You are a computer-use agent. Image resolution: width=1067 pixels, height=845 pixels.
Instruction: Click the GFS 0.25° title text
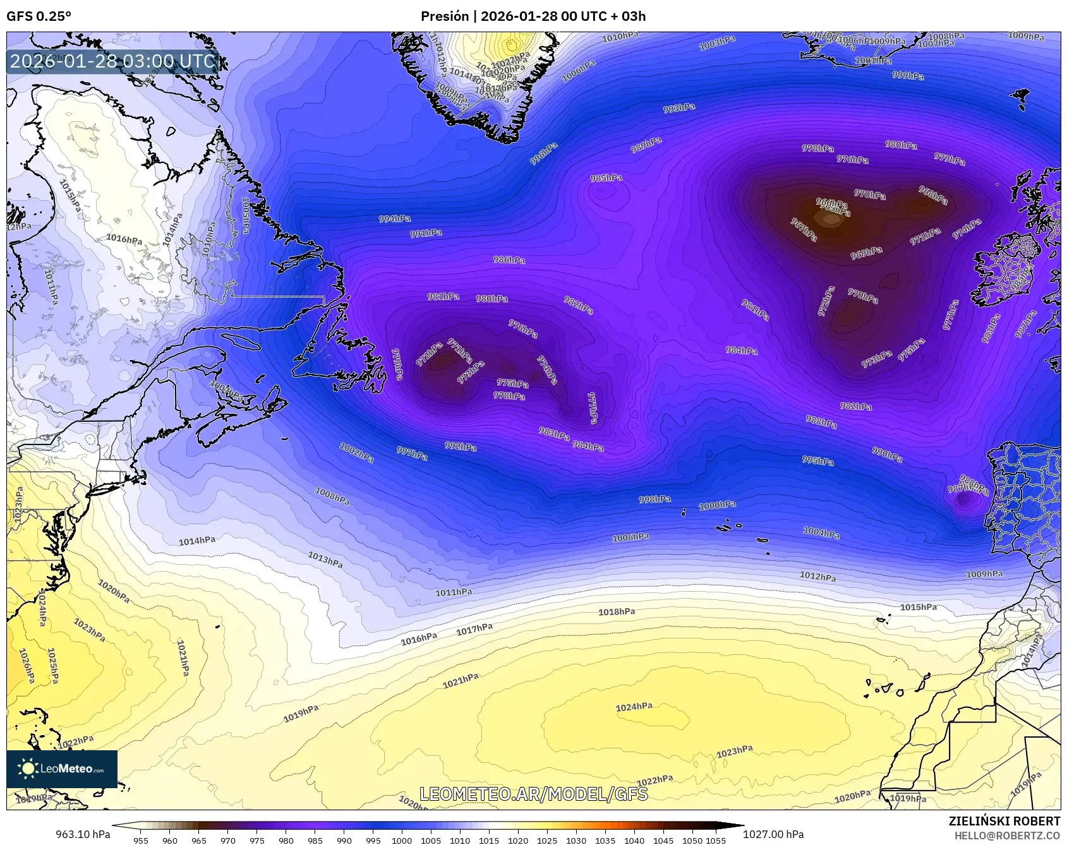(39, 16)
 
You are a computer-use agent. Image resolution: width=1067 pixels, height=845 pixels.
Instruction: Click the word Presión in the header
(445, 16)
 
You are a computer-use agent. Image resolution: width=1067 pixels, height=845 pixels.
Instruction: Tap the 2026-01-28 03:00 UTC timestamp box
(112, 62)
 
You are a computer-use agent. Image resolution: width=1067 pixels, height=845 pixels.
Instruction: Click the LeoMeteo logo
(62, 769)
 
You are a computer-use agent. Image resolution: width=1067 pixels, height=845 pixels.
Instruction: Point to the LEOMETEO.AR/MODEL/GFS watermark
(534, 794)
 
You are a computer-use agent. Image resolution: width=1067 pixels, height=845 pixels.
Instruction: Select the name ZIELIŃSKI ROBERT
(1004, 821)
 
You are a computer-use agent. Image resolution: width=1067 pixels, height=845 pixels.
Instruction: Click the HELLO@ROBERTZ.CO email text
(1007, 836)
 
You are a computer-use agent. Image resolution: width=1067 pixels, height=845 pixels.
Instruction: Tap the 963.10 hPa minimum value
(83, 834)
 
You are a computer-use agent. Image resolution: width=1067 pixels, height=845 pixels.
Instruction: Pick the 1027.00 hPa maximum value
(773, 834)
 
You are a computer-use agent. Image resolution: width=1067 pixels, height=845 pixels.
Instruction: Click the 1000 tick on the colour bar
(402, 841)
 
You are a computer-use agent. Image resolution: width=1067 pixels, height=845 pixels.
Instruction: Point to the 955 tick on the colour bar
(141, 841)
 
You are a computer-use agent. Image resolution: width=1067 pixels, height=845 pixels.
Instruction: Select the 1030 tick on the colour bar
(576, 841)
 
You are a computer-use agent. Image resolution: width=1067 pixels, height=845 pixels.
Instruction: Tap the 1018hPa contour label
(617, 612)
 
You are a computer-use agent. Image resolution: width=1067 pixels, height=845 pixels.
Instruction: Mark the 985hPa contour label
(606, 178)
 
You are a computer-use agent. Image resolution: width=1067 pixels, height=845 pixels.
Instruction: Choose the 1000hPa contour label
(717, 506)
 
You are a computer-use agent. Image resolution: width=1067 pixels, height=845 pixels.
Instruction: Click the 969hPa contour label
(866, 253)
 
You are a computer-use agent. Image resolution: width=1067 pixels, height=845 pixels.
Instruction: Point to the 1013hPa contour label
(325, 559)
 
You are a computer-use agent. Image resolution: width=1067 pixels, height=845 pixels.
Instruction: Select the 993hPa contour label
(679, 108)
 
